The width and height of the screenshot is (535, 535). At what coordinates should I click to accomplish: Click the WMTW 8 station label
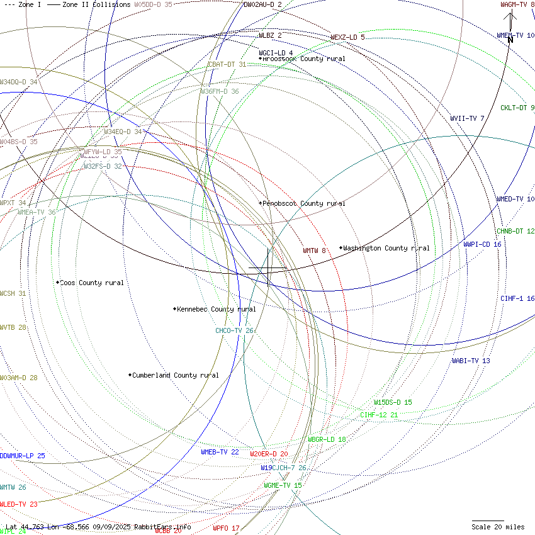(x=314, y=251)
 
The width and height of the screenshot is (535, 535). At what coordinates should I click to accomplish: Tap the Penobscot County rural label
(x=303, y=203)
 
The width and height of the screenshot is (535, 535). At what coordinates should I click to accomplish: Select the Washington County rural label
(x=386, y=248)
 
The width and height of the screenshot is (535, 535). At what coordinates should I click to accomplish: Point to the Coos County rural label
(x=91, y=283)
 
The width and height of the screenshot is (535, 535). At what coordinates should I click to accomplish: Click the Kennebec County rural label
(x=216, y=309)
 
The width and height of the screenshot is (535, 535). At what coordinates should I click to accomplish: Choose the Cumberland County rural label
(x=175, y=375)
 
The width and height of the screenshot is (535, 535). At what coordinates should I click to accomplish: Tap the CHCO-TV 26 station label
(x=234, y=330)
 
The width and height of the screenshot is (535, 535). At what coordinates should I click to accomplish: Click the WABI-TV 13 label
(x=470, y=361)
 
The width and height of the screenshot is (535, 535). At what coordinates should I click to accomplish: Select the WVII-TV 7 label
(x=467, y=118)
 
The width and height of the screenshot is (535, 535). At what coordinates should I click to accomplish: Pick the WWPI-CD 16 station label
(x=482, y=244)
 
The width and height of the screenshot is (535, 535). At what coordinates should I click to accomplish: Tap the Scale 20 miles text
(x=498, y=527)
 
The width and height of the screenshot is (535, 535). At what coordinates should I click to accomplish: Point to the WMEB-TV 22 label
(x=220, y=452)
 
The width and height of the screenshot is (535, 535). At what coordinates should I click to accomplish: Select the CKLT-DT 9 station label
(x=517, y=108)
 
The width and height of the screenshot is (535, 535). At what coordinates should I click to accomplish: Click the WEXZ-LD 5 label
(x=347, y=37)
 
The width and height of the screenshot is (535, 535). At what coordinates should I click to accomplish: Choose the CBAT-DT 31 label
(x=227, y=64)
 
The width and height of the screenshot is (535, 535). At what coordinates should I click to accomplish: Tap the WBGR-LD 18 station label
(x=327, y=439)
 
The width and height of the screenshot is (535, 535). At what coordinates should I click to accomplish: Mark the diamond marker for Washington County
(x=341, y=248)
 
